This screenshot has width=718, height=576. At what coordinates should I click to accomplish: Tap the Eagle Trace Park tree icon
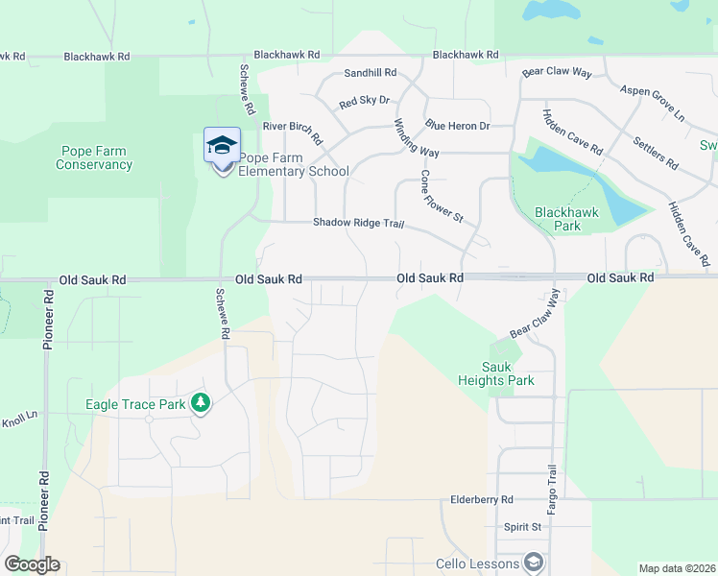click(x=201, y=403)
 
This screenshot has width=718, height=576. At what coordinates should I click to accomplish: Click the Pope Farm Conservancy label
click(x=94, y=157)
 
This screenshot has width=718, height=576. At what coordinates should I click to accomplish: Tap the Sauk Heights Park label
click(x=508, y=373)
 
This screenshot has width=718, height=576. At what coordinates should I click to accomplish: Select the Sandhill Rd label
click(x=371, y=73)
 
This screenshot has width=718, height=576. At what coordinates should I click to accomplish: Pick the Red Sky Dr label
click(x=365, y=101)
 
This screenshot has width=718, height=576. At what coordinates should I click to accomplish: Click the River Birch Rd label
click(x=292, y=129)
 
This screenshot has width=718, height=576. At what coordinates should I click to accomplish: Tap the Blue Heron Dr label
click(x=458, y=126)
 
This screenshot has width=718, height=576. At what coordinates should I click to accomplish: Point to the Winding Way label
click(x=417, y=138)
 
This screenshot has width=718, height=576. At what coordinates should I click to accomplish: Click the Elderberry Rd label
click(x=483, y=500)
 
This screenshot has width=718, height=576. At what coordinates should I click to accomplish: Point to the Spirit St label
click(x=523, y=527)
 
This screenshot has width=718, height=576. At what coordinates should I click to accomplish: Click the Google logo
click(x=32, y=564)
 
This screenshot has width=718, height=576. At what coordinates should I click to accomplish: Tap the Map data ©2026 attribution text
click(x=676, y=568)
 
